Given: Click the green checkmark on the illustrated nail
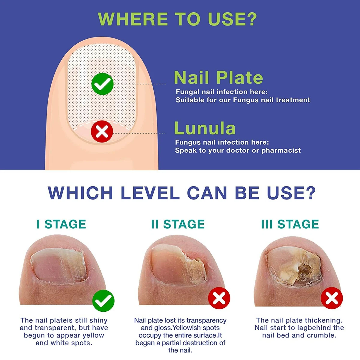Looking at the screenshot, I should [102, 84].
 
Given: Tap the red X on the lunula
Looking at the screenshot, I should [102, 131].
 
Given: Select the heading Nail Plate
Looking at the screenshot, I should [218, 78].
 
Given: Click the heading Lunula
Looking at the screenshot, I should [205, 128].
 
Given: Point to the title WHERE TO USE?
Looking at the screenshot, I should [177, 19].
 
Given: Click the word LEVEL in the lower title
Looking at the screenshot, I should [150, 193].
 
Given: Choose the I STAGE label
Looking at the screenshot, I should [61, 224].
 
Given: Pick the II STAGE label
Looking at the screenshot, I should [178, 224].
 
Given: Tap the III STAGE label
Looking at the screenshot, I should [290, 224].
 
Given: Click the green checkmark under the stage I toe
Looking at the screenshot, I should [103, 301].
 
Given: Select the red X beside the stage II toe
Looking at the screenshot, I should [219, 298].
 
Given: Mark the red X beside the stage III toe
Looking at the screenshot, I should [331, 298].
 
